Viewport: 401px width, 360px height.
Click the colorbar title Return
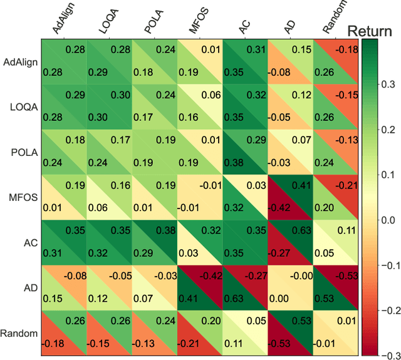373,30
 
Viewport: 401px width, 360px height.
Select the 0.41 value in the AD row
189,298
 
